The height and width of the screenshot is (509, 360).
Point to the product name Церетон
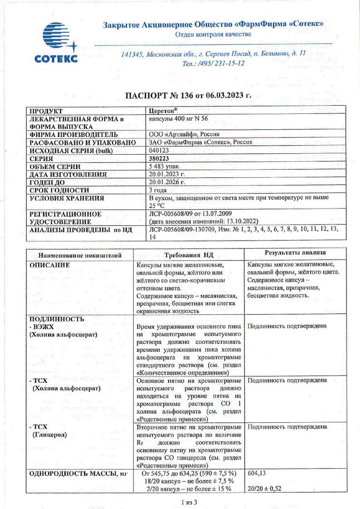[162, 111]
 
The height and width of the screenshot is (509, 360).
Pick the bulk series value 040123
[158, 151]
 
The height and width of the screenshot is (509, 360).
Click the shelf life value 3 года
[159, 190]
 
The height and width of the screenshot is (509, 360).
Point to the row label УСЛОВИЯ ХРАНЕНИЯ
[67, 198]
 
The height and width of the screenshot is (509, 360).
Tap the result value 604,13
[257, 473]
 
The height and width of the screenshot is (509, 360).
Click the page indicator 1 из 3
[189, 502]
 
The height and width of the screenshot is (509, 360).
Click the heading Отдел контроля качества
[213, 34]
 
